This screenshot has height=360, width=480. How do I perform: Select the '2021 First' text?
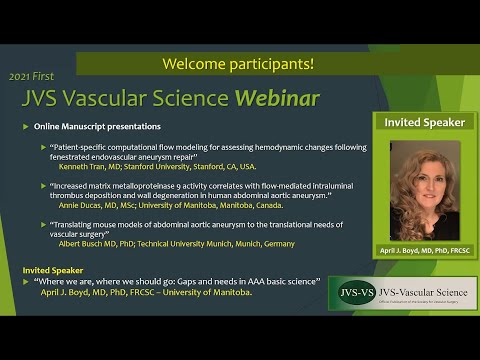[32, 76]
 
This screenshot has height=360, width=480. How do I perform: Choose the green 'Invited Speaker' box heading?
[425, 122]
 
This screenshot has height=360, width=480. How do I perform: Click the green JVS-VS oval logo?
[359, 296]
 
